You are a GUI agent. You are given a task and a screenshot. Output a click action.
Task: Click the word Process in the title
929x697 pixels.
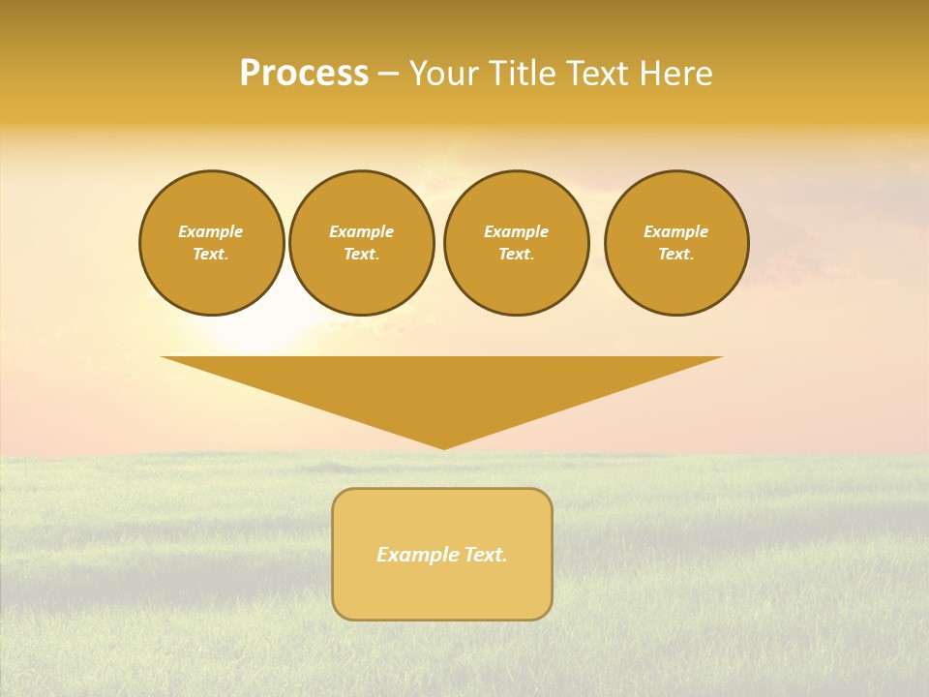pos(304,74)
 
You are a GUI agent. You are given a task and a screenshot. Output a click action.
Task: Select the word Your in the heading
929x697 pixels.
pos(444,74)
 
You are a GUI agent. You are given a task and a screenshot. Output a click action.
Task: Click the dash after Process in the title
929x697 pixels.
pos(388,75)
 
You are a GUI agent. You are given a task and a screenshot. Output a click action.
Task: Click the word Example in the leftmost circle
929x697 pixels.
pos(211,231)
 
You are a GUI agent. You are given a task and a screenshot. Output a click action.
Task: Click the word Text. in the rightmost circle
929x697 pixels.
pos(675,254)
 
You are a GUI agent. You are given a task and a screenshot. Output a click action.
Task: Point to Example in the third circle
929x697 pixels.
pos(516,231)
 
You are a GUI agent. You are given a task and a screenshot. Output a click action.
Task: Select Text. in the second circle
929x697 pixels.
pos(361,254)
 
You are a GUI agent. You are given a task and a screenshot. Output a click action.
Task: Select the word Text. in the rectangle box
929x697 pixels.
pos(486,555)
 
